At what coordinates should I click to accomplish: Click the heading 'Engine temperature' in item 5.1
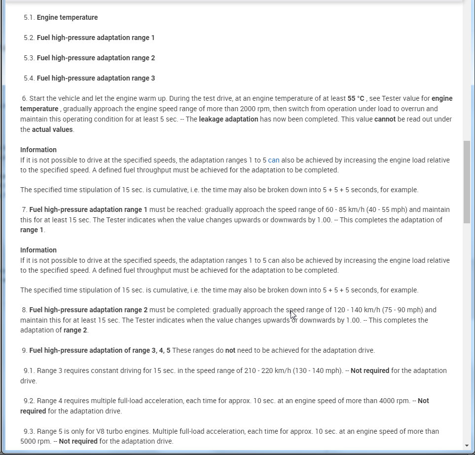67,17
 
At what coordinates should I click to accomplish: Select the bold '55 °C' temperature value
356,98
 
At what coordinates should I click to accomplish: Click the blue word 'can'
274,160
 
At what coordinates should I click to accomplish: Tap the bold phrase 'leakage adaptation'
228,119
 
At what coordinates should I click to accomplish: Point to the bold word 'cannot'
385,119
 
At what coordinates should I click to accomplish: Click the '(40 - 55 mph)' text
371,209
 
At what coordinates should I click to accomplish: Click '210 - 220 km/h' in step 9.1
266,371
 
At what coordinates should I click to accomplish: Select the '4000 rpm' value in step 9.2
395,401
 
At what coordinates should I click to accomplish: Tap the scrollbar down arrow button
467,446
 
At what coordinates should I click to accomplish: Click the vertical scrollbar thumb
467,181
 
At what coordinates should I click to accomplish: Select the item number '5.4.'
29,78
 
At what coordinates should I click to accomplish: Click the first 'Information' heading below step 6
38,150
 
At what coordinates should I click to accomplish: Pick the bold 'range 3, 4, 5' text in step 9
148,350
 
